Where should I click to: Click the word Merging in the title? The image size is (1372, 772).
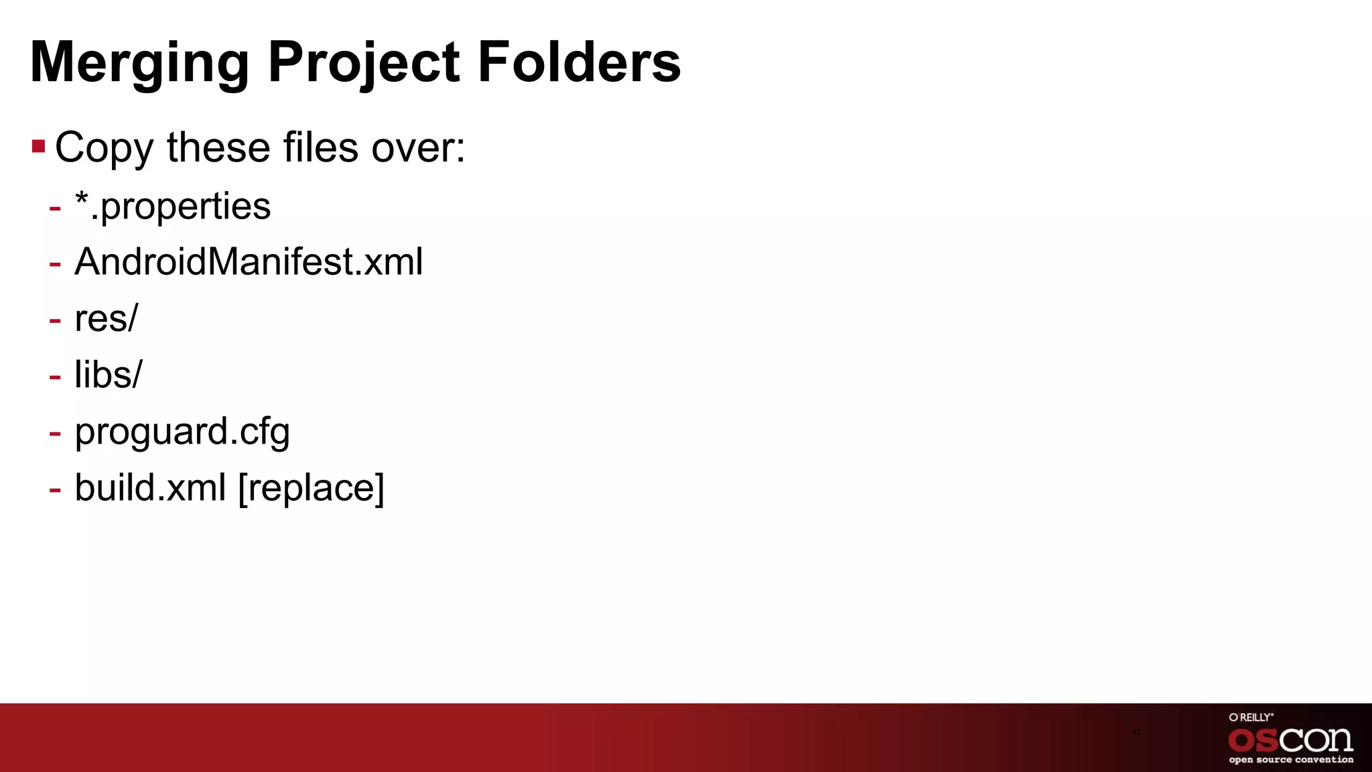pos(139,63)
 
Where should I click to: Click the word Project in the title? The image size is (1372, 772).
pos(364,63)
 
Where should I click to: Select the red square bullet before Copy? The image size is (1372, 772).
pos(38,146)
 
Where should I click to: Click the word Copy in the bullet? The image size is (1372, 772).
pos(104,147)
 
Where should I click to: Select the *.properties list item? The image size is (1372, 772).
pos(172,206)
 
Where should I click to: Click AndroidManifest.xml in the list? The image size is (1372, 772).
pos(249,261)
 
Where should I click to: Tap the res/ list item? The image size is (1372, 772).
pos(106,318)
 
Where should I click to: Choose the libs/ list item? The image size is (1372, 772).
pos(108,374)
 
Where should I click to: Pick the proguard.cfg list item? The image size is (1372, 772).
pos(182,431)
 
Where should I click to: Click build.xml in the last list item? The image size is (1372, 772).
pos(150,487)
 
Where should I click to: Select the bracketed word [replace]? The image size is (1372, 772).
pos(312,487)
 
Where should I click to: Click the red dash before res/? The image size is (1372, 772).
pos(55,320)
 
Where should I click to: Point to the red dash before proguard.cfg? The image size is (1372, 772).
pos(55,433)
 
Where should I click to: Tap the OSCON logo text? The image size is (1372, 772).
pos(1290,741)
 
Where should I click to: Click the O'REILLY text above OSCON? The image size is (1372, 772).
pos(1251,717)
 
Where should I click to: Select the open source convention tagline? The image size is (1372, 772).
pos(1291,760)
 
